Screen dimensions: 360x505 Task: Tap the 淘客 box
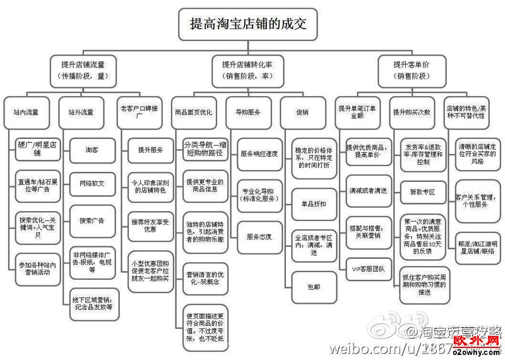(x=92, y=150)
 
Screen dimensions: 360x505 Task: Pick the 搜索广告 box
(x=92, y=220)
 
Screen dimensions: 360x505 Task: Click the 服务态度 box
(x=259, y=237)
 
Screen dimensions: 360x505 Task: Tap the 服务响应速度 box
(x=259, y=153)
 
